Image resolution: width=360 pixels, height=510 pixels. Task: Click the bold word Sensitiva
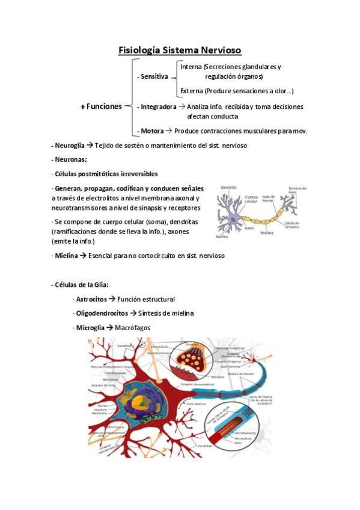point(154,77)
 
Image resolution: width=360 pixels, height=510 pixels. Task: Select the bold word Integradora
point(159,106)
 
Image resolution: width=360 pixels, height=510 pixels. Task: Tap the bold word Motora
point(151,131)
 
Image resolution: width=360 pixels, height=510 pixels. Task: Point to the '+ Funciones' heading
point(101,106)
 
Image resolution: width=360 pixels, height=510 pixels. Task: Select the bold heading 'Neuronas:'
point(70,159)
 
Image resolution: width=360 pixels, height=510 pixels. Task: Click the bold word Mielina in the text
point(67,256)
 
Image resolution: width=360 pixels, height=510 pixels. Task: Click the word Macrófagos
point(133,328)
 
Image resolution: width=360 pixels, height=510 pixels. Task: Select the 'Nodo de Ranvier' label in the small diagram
point(269,197)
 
